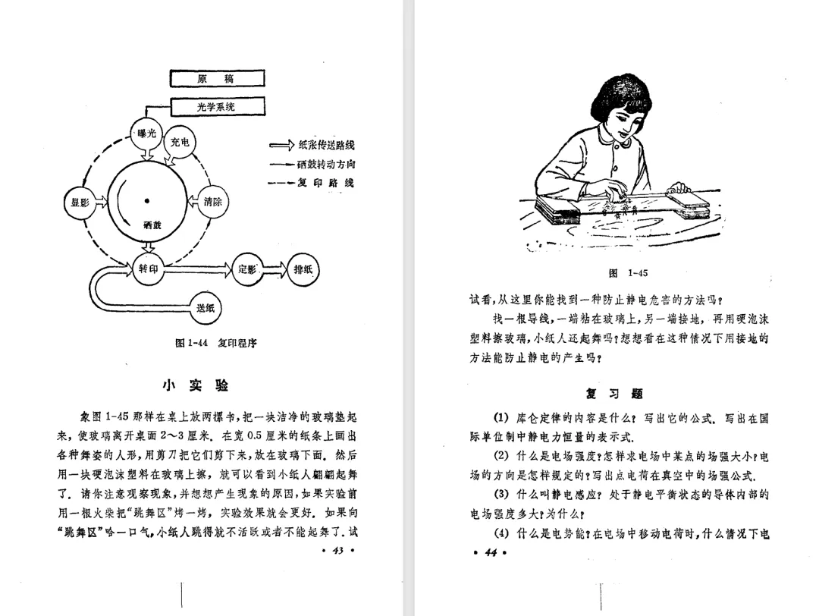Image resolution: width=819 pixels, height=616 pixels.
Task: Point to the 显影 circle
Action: tap(80, 203)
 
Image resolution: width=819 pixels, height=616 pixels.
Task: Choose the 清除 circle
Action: tap(212, 202)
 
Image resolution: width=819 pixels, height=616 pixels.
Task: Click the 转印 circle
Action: tap(147, 269)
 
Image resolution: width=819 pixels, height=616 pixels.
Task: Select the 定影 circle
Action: tap(248, 269)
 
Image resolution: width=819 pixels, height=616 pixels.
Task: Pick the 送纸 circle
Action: tap(206, 307)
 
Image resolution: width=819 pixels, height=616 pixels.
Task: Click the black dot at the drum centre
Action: tap(147, 201)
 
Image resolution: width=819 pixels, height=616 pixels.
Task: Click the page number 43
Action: tap(339, 552)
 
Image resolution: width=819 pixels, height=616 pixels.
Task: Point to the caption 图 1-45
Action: tap(628, 273)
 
